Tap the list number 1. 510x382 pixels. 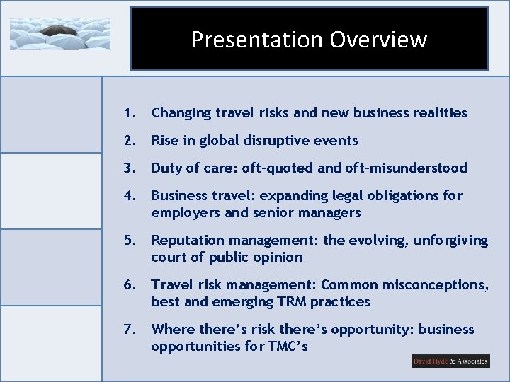pos(128,112)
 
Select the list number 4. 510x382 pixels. pos(128,195)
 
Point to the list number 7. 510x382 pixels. pos(128,329)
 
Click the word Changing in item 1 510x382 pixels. pos(180,112)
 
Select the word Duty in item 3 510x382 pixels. pos(166,168)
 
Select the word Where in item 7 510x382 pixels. pos(171,330)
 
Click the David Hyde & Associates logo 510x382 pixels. pos(450,361)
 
